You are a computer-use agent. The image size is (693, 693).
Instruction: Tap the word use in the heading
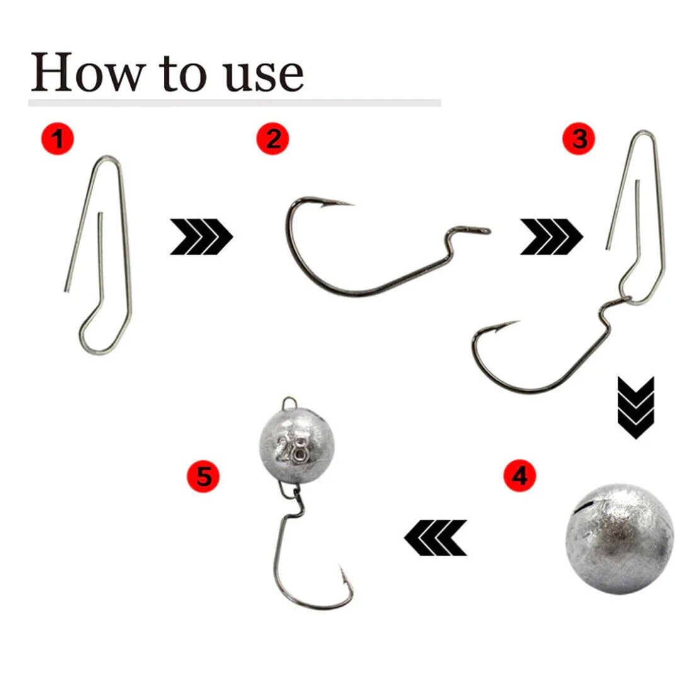pos(264,74)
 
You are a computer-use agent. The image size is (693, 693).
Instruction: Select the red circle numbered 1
pos(57,138)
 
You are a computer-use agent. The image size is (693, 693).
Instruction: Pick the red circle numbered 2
pos(273,138)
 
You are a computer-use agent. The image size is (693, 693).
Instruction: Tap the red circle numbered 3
pos(578,139)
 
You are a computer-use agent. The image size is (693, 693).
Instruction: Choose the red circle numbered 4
pos(520,476)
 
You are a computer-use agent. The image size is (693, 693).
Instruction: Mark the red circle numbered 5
pos(203,476)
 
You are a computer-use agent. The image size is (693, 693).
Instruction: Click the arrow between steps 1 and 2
pos(202,237)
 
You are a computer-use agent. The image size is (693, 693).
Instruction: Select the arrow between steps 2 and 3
pos(551,237)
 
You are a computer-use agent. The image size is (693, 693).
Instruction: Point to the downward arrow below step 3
pos(636,407)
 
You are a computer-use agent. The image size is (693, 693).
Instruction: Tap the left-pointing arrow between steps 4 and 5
pos(435,537)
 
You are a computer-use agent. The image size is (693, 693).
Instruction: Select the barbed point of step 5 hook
pos(343,570)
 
